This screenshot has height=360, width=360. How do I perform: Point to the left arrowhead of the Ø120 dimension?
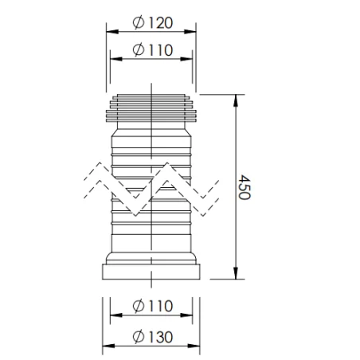tap(109, 32)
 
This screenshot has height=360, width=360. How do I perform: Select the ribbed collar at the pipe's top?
tap(151, 109)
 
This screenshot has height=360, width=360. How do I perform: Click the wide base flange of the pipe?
tap(151, 272)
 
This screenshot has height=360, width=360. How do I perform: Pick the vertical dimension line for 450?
tap(235, 231)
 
